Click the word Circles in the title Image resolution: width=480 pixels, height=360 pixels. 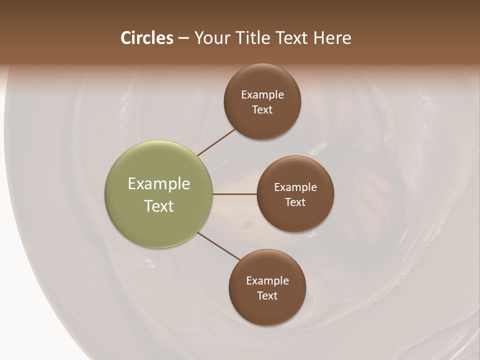[x=146, y=38]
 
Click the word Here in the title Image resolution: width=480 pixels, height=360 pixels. [x=332, y=38]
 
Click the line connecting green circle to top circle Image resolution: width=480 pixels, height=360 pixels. [x=216, y=142]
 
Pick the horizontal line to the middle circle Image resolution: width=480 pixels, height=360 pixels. [x=234, y=194]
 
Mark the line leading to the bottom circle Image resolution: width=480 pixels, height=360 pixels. [x=219, y=246]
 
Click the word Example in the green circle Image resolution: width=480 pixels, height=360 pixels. [x=159, y=184]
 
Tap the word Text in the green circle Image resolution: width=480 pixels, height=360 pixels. [x=159, y=206]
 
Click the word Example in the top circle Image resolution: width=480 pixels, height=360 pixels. [x=262, y=95]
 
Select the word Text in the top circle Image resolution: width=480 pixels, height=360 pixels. [x=262, y=110]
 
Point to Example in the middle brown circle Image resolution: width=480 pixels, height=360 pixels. [x=295, y=187]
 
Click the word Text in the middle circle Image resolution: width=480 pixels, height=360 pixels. [x=295, y=202]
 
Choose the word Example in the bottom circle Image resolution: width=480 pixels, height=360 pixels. [x=267, y=281]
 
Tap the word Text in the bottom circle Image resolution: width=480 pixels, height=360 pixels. [x=267, y=296]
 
